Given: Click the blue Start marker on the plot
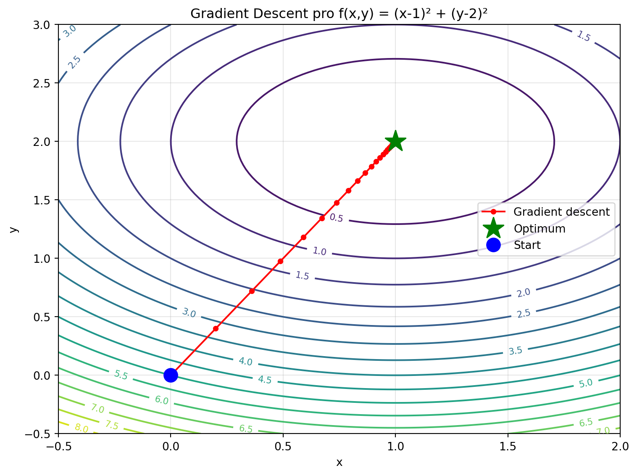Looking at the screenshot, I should pos(170,375).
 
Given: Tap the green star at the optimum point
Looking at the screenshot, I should pos(395,141).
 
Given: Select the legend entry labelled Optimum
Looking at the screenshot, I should pos(540,229).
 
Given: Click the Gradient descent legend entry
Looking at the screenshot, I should pos(561,212).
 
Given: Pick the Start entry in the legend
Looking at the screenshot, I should pos(527,245).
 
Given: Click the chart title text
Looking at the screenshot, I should pos(339,14).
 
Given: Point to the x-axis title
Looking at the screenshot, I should pos(339,463).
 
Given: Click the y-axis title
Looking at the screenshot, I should pos(14,229).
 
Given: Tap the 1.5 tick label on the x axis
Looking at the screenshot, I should pos(508,446).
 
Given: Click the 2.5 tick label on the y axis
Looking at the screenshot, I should pos(41,83).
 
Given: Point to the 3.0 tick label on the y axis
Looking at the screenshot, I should pos(41,25).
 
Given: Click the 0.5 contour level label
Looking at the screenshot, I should pos(336,218).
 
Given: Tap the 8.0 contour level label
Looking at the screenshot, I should pos(81,428).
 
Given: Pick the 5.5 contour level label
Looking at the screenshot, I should pos(121,375).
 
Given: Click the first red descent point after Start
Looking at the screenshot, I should pos(216,328).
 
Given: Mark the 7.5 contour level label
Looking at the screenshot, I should pos(111,426).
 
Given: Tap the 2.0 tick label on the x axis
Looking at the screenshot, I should pos(620,446).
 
